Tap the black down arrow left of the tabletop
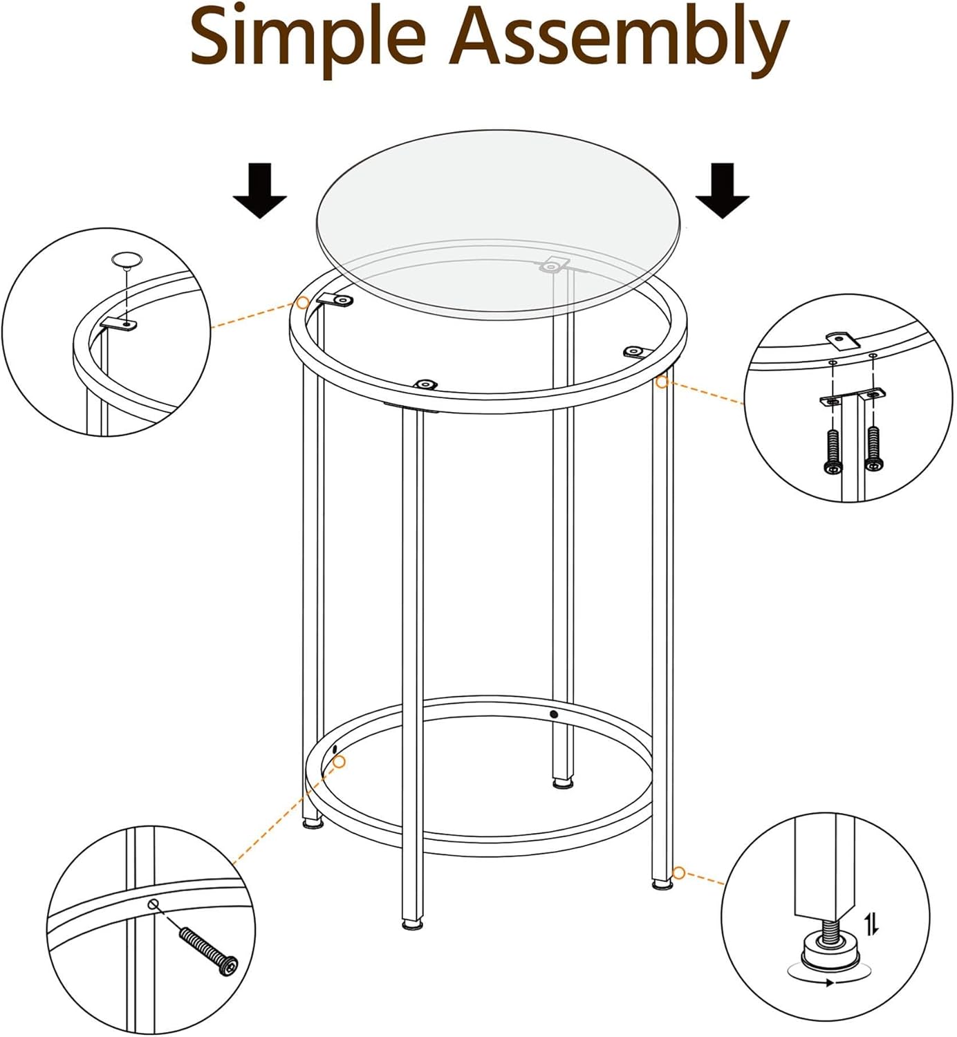(x=259, y=191)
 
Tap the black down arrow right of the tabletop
(x=723, y=191)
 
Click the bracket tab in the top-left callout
(x=118, y=323)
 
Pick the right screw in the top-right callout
(x=874, y=448)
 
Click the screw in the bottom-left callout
(x=208, y=951)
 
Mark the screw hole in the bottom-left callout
(x=154, y=904)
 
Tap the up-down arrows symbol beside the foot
(x=872, y=923)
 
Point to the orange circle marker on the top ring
(x=302, y=303)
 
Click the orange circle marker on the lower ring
(x=339, y=761)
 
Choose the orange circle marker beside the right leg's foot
(x=678, y=873)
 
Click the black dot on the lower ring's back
(x=553, y=714)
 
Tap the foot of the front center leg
(x=413, y=924)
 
